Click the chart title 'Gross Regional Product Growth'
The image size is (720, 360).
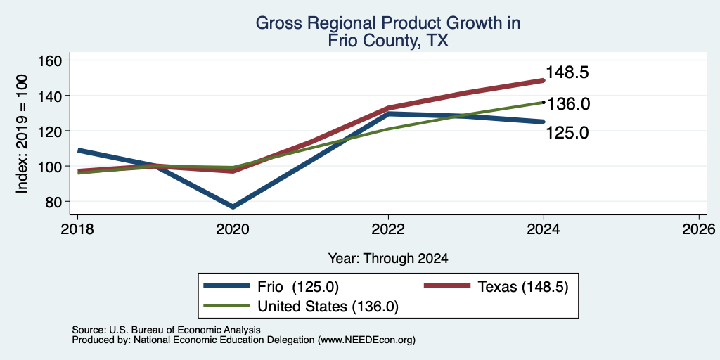click(x=387, y=22)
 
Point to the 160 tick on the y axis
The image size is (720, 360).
click(x=53, y=60)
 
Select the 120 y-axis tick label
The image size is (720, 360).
click(x=53, y=131)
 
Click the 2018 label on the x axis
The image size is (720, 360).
click(x=77, y=229)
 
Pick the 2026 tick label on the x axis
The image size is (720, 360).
click(x=699, y=229)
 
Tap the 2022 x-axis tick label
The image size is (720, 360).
click(x=388, y=229)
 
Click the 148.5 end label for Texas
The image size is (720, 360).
click(x=567, y=72)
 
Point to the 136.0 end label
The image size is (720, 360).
click(x=568, y=104)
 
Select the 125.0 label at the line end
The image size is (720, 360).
click(x=567, y=133)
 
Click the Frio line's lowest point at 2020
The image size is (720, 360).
click(x=233, y=207)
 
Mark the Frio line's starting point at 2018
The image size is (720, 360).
click(x=79, y=150)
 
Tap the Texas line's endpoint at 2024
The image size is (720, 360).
click(x=544, y=80)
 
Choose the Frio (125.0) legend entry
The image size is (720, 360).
click(x=271, y=287)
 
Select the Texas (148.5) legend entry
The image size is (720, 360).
click(x=496, y=287)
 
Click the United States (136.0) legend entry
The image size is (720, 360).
click(x=301, y=307)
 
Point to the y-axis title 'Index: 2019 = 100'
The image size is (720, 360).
click(x=22, y=134)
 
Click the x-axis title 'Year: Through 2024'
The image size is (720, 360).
click(x=388, y=259)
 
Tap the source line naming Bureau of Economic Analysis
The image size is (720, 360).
click(x=166, y=330)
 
